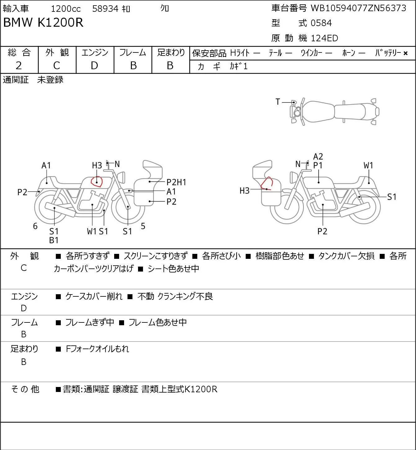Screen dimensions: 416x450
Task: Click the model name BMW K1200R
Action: (43, 22)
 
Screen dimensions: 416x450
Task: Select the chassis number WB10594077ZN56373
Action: (358, 8)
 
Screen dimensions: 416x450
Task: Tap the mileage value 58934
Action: (105, 9)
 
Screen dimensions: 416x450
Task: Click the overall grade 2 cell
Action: (19, 65)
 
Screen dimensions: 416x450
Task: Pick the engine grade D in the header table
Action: (94, 65)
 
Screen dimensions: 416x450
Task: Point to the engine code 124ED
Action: (324, 38)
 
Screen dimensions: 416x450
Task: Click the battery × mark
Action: (405, 53)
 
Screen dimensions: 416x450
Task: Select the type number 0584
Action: (321, 23)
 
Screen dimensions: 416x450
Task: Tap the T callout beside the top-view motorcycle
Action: (278, 102)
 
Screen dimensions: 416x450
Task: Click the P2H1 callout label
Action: (176, 182)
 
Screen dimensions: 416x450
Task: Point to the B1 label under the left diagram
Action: (54, 240)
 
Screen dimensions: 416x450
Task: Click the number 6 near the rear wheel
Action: (35, 226)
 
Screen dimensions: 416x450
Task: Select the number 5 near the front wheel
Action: (143, 226)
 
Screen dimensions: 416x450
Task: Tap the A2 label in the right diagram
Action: (318, 157)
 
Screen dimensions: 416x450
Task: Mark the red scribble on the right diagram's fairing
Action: (267, 183)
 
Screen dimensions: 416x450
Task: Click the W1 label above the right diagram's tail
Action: (369, 165)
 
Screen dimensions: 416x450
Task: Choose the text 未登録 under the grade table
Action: (50, 80)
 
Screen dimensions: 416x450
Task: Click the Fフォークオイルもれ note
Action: (97, 349)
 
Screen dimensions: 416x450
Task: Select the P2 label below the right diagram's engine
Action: (322, 231)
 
